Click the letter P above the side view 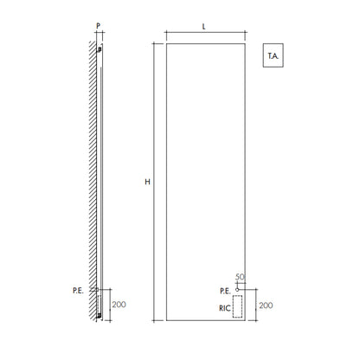click(98, 26)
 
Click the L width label click(203, 27)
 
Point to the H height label click(147, 182)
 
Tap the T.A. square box click(273, 55)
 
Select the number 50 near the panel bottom click(240, 277)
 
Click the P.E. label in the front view click(225, 291)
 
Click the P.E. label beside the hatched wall click(78, 291)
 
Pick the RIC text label click(225, 308)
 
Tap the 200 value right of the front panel click(266, 305)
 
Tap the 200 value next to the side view click(119, 305)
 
